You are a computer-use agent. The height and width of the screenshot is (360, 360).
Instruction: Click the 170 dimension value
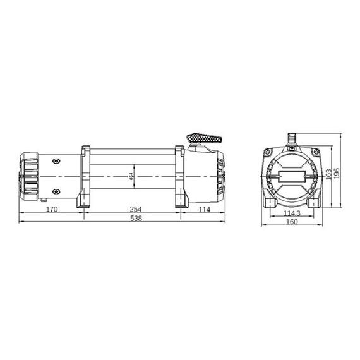click(x=52, y=209)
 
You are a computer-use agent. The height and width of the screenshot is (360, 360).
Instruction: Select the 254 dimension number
click(x=134, y=209)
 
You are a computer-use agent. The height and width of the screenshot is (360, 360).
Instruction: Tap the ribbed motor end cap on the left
click(x=29, y=174)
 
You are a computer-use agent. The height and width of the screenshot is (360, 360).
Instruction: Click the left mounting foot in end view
click(x=269, y=201)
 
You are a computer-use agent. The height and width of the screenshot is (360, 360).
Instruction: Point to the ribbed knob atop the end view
click(x=291, y=137)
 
